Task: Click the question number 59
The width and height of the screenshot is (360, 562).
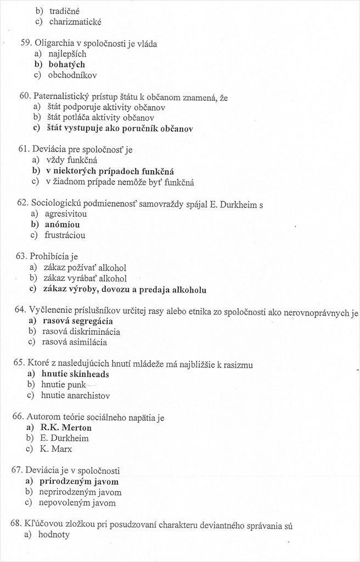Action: (x=26, y=43)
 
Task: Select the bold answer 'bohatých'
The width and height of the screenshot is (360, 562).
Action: (x=66, y=64)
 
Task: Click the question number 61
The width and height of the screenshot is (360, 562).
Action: (x=24, y=149)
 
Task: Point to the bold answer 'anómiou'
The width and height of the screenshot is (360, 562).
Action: (x=62, y=224)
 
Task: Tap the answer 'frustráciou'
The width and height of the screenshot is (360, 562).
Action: (x=66, y=235)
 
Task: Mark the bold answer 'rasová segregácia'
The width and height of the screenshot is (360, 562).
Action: (x=77, y=321)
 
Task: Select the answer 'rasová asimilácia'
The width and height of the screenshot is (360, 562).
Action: (x=74, y=342)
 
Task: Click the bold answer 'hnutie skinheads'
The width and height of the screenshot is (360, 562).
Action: (x=75, y=374)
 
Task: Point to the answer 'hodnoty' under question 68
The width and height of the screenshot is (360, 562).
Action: (x=53, y=535)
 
